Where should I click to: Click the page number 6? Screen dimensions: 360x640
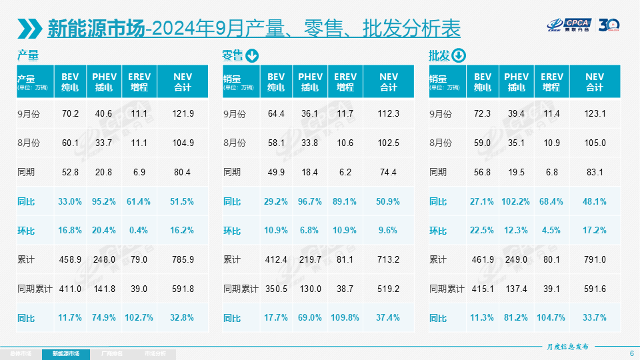pyautogui.click(x=631, y=353)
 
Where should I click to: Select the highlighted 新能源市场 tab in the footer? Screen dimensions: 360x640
pyautogui.click(x=65, y=353)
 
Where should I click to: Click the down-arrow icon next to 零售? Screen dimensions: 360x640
pyautogui.click(x=252, y=56)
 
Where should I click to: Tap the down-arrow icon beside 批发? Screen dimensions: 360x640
pyautogui.click(x=459, y=56)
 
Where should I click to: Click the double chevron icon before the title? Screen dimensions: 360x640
pyautogui.click(x=30, y=28)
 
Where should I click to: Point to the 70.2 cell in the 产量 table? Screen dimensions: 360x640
pyautogui.click(x=70, y=114)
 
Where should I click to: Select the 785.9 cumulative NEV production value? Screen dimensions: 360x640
pyautogui.click(x=182, y=259)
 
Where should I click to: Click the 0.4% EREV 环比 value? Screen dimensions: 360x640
pyautogui.click(x=139, y=231)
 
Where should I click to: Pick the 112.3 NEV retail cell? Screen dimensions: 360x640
pyautogui.click(x=388, y=114)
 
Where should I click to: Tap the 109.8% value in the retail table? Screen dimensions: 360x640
pyautogui.click(x=345, y=318)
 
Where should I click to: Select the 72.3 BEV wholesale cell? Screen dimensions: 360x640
pyautogui.click(x=482, y=114)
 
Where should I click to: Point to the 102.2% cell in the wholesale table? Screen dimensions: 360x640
pyautogui.click(x=516, y=201)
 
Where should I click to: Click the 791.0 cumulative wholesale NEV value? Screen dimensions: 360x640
pyautogui.click(x=594, y=259)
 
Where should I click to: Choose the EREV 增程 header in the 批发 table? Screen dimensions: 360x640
pyautogui.click(x=551, y=82)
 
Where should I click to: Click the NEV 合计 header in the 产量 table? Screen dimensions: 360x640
pyautogui.click(x=182, y=82)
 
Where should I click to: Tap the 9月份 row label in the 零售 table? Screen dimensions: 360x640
pyautogui.click(x=235, y=114)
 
